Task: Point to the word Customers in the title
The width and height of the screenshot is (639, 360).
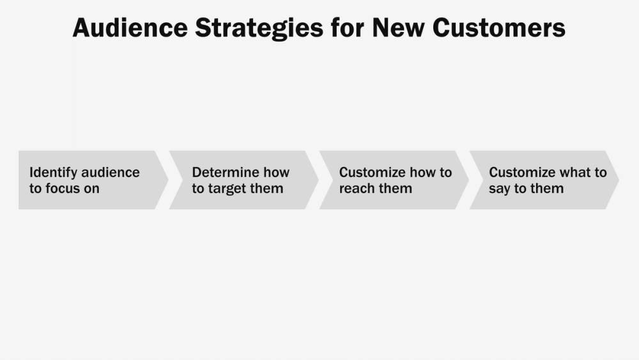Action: (x=499, y=28)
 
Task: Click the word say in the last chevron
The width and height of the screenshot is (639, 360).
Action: (x=499, y=189)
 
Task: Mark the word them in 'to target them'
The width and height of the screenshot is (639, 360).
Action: (x=268, y=189)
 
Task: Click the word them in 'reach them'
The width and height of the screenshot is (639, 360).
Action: (x=396, y=189)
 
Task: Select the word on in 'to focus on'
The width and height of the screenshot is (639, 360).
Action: (x=92, y=189)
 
